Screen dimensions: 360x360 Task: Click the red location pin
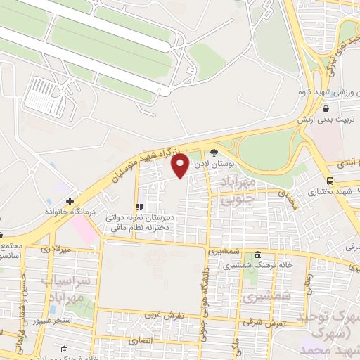[181, 167]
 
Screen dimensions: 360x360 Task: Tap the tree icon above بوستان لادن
[214, 153]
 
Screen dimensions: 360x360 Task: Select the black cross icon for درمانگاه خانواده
[70, 201]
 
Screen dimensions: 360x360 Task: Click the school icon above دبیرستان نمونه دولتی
[139, 207]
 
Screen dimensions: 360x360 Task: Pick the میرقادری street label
[57, 250]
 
